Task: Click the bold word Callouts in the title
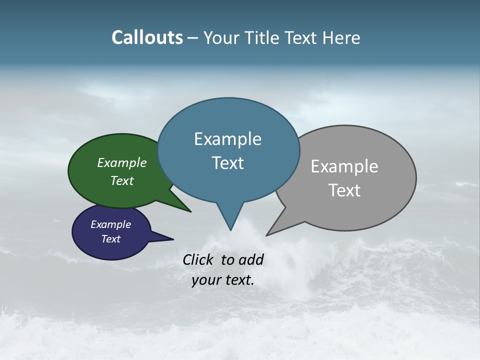tap(147, 37)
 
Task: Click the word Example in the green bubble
tap(122, 162)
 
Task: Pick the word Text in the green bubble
tap(122, 180)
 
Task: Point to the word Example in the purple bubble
tap(111, 224)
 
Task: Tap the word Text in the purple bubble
tap(111, 239)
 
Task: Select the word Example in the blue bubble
tap(227, 139)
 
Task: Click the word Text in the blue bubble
tap(227, 163)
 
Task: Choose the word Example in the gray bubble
tap(344, 166)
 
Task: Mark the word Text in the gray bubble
tap(344, 190)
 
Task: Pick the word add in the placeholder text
tap(251, 259)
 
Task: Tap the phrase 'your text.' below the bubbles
tap(223, 280)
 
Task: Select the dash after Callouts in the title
tap(193, 37)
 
